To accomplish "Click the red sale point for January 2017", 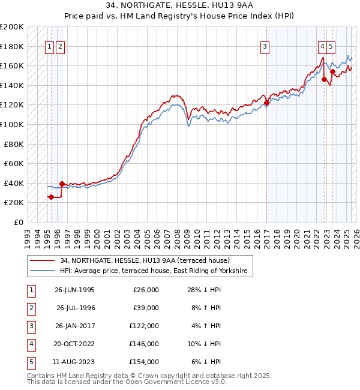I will point(266,103).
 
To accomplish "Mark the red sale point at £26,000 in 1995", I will point(51,197).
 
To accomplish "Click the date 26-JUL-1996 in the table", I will point(75,308).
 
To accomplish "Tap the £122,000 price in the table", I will point(145,326).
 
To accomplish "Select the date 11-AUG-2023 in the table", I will point(75,362).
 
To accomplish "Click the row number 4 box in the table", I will point(30,344).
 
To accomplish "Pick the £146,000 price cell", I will point(145,344).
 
